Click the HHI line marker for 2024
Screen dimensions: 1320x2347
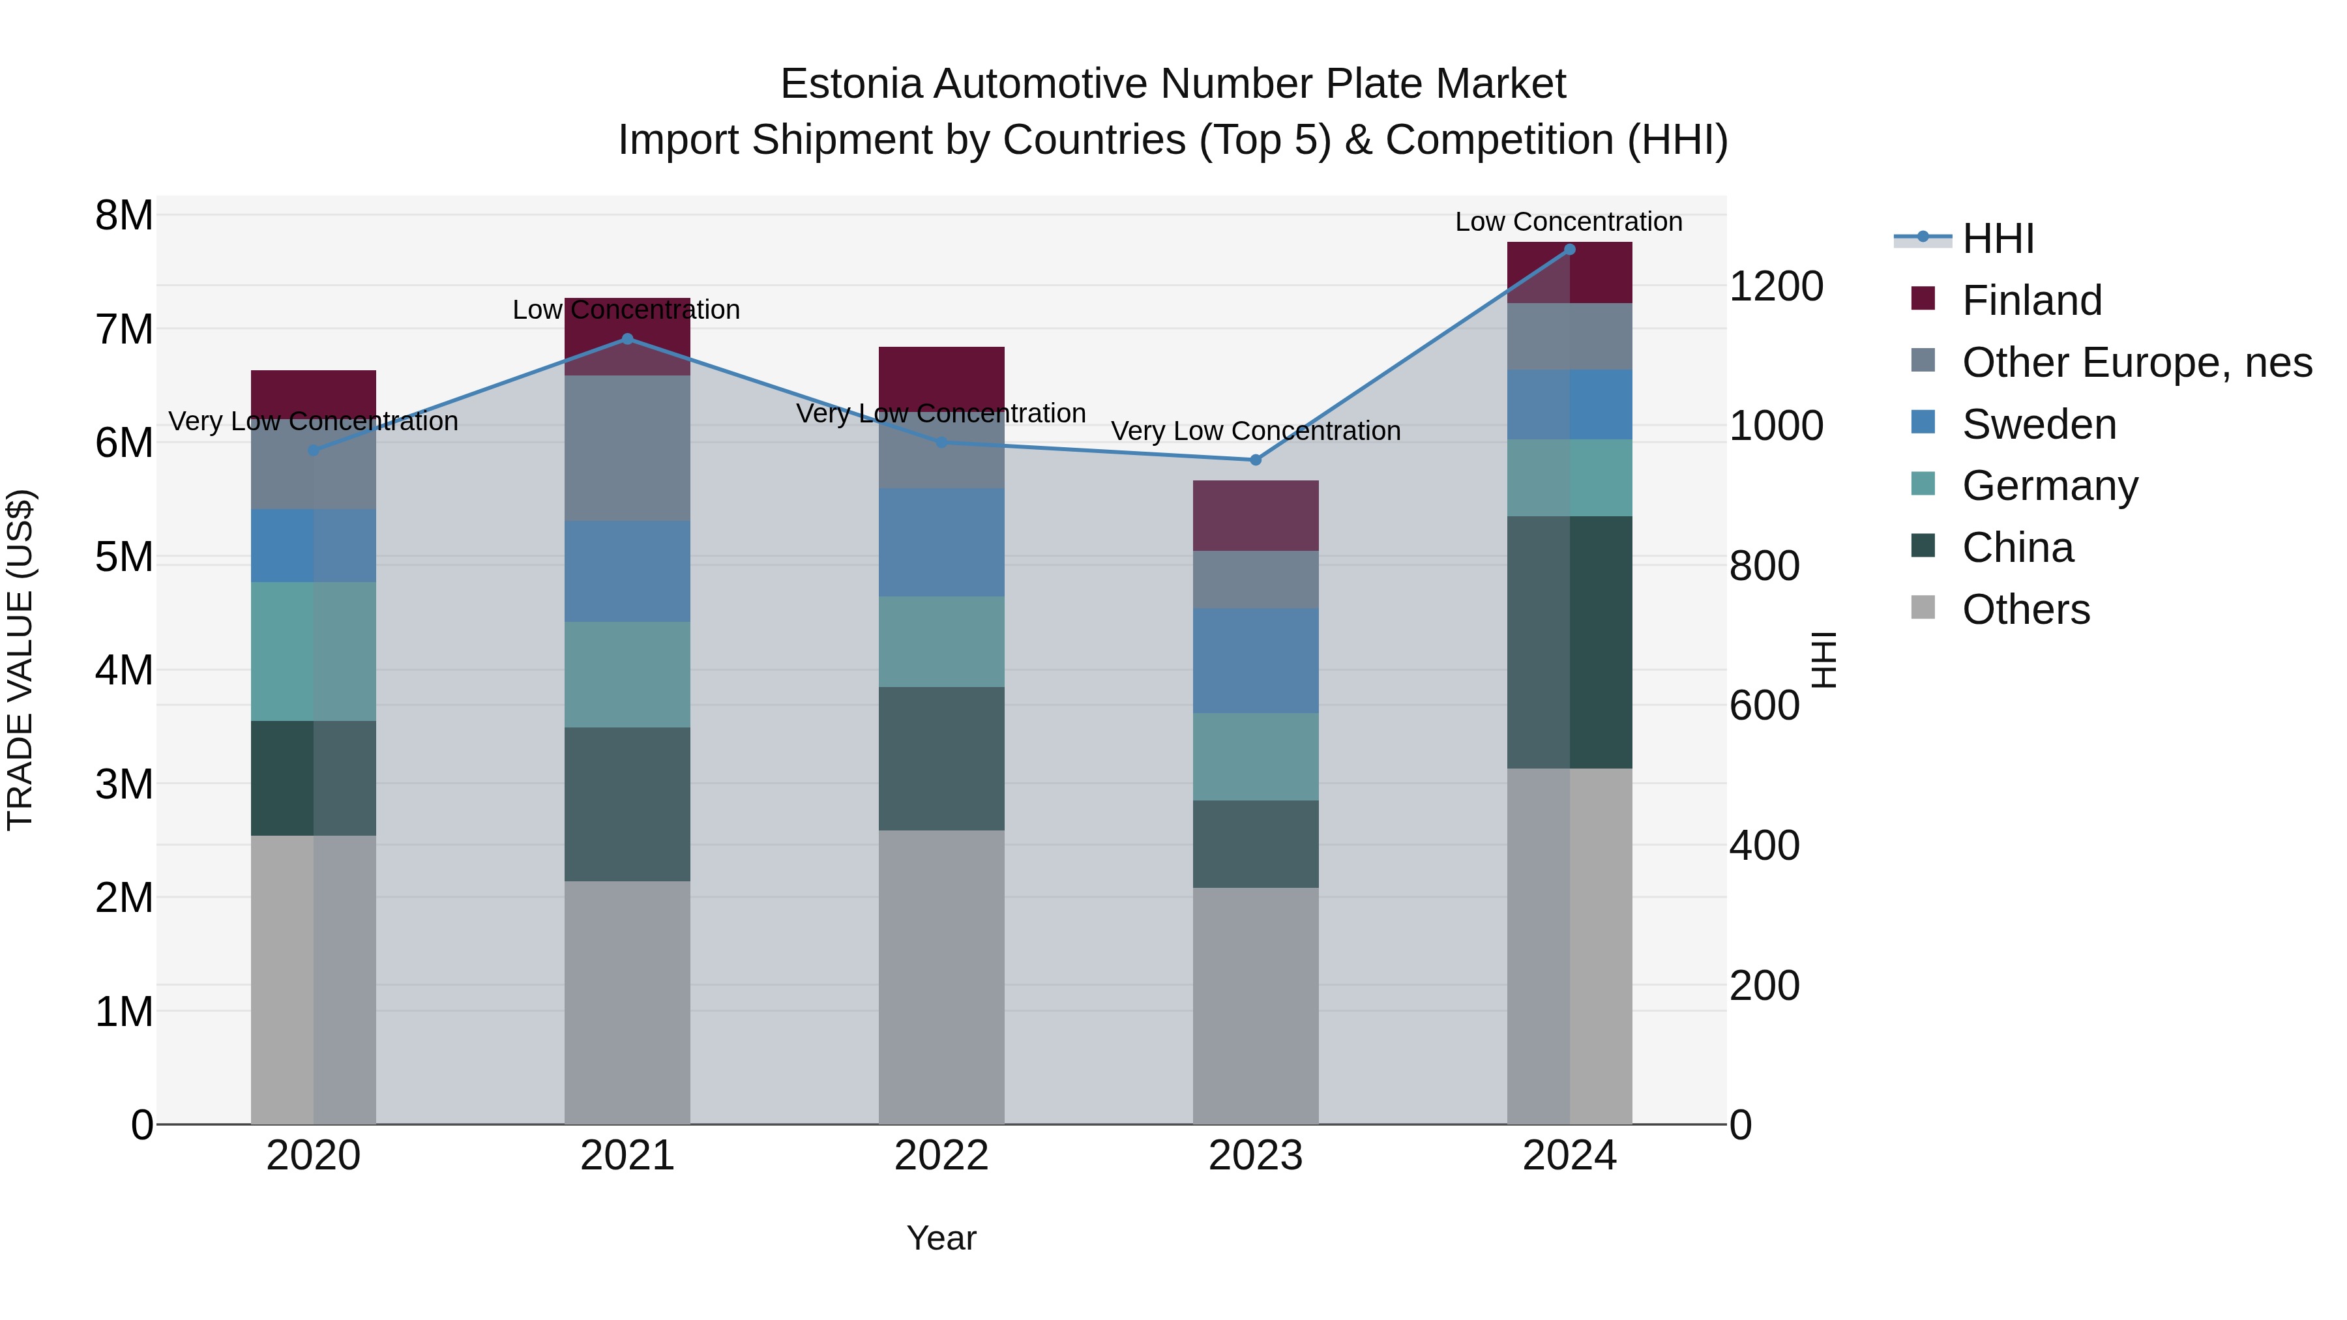coord(1569,250)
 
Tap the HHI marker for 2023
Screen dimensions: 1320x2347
coord(1256,460)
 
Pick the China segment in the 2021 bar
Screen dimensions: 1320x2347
coord(627,804)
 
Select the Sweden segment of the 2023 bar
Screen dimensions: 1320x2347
coord(1256,660)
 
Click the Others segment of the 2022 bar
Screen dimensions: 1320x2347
coord(941,976)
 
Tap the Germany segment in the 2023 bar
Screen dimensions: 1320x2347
coord(1256,756)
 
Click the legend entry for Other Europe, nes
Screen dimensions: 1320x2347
coord(2136,362)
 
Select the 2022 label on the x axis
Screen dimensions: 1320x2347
coord(941,1156)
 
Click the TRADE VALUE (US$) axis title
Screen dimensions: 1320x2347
coord(20,660)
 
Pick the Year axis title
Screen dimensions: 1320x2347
coord(941,1238)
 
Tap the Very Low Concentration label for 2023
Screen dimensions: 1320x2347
coord(1256,431)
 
